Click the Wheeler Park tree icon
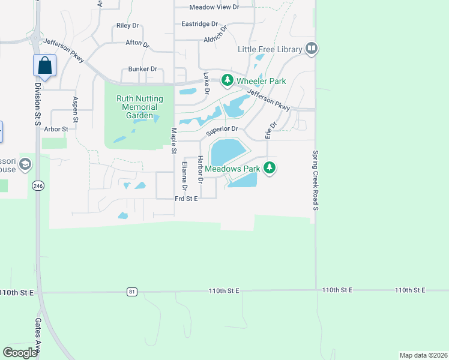(x=227, y=80)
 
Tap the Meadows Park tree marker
(x=270, y=169)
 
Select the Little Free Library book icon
(x=311, y=49)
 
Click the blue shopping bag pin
(x=45, y=65)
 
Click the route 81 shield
(x=131, y=292)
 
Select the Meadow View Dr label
(x=214, y=7)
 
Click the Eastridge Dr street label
(x=199, y=24)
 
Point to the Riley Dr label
(x=127, y=26)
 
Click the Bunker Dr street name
(x=142, y=70)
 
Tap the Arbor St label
(x=55, y=128)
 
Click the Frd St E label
(x=186, y=198)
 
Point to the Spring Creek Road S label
(x=315, y=181)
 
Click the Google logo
(x=20, y=352)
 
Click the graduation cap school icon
(x=25, y=164)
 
